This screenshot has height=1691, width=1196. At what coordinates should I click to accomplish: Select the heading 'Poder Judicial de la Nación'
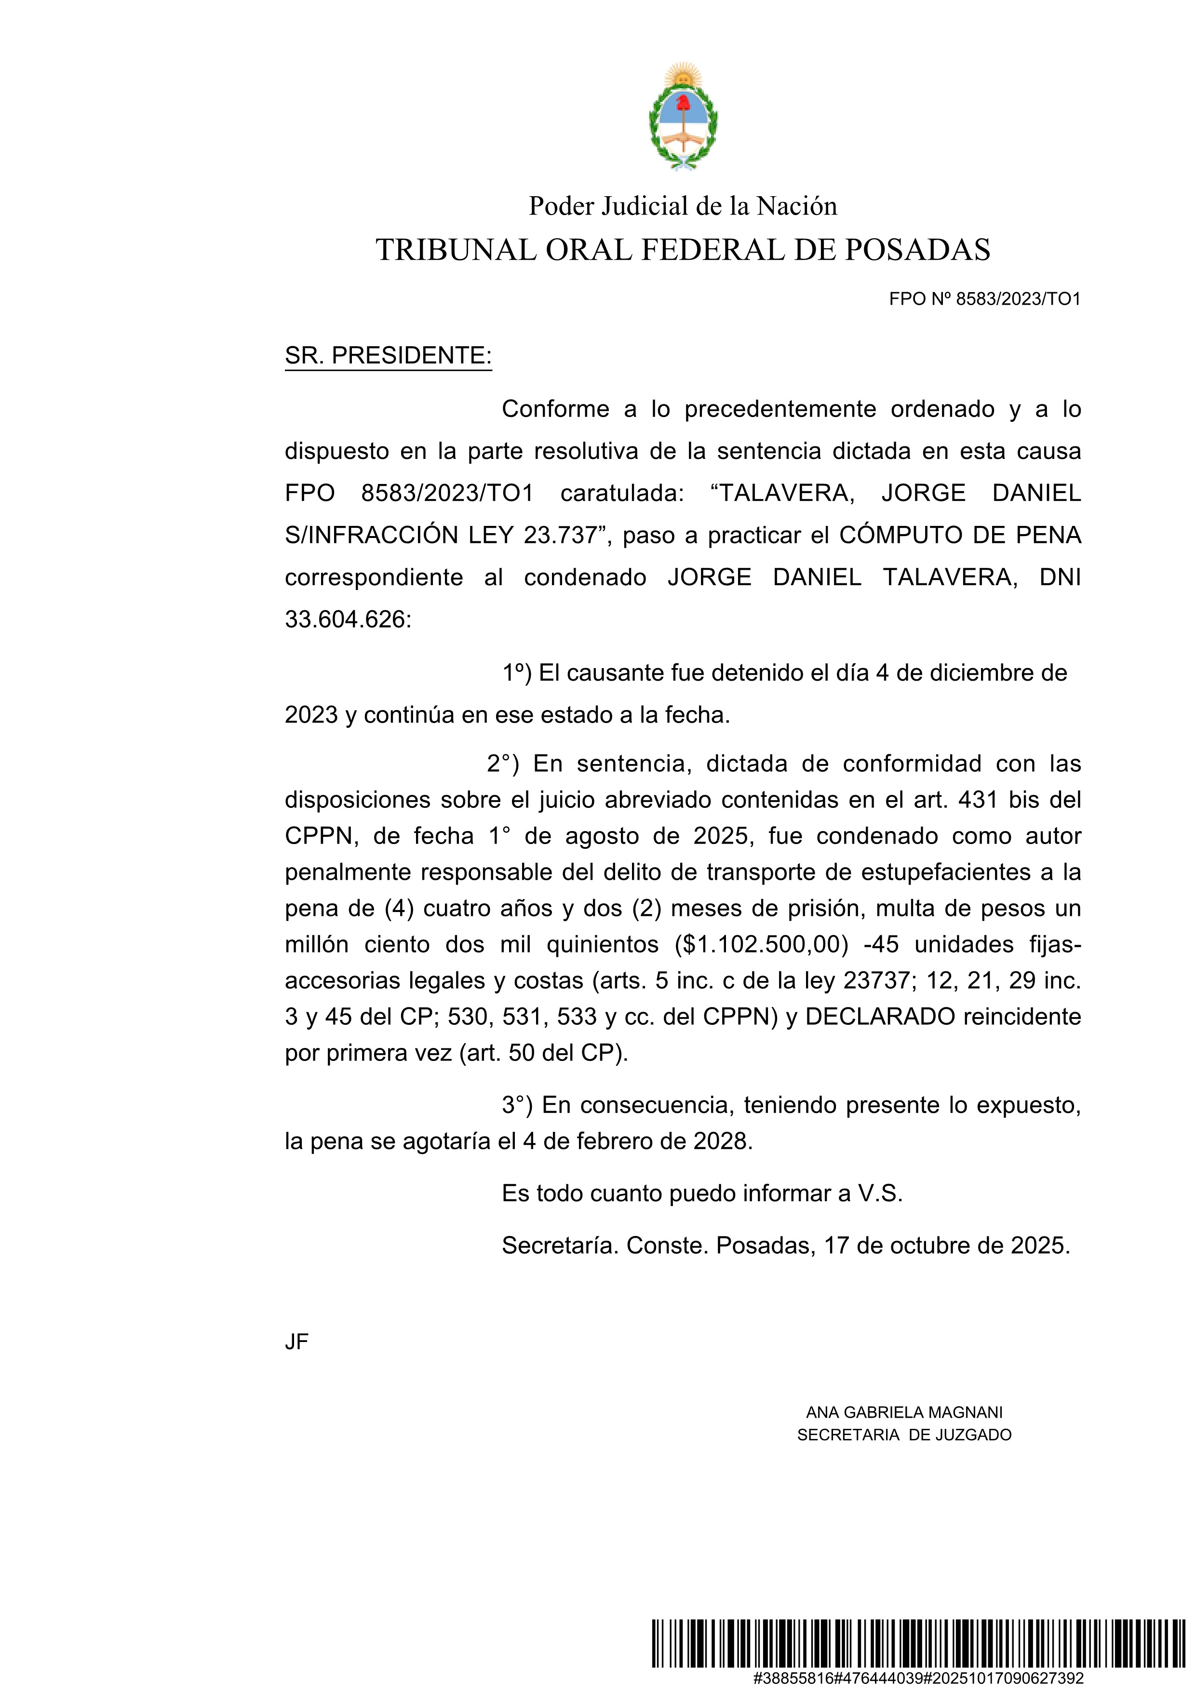[683, 206]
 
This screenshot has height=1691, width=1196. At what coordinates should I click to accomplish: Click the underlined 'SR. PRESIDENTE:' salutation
[388, 356]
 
